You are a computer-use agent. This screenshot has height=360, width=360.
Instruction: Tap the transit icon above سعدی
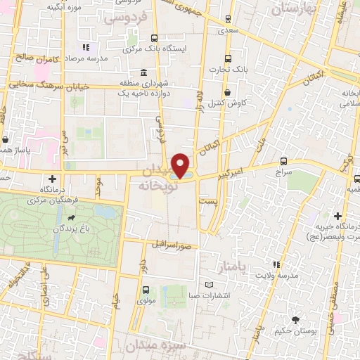click(x=226, y=19)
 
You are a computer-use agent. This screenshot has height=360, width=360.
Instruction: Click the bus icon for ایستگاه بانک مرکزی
click(x=154, y=39)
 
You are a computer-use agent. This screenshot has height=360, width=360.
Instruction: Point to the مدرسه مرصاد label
click(x=108, y=58)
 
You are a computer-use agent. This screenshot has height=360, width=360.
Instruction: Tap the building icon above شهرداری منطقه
click(x=143, y=73)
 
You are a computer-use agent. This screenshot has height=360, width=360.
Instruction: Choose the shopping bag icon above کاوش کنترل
click(x=226, y=92)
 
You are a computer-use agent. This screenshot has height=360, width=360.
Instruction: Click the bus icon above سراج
click(x=283, y=161)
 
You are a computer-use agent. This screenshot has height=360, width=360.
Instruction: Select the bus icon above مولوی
click(x=146, y=290)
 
